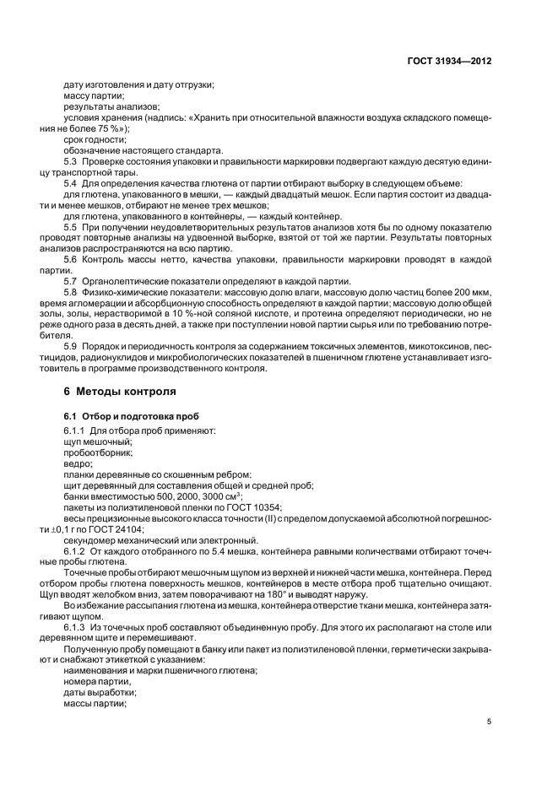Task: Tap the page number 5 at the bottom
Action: (489, 722)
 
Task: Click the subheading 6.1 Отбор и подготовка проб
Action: (125, 417)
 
